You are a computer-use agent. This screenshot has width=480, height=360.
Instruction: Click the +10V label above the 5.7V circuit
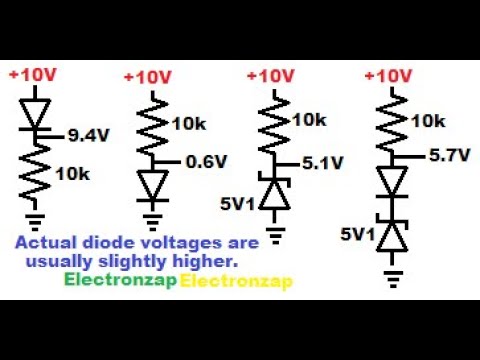(391, 75)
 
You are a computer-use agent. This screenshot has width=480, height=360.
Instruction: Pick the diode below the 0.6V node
(152, 185)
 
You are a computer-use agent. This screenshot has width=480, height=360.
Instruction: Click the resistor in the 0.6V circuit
(152, 126)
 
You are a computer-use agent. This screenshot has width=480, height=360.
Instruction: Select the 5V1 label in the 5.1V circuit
(240, 204)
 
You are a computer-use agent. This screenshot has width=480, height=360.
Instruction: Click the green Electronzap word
(119, 281)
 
